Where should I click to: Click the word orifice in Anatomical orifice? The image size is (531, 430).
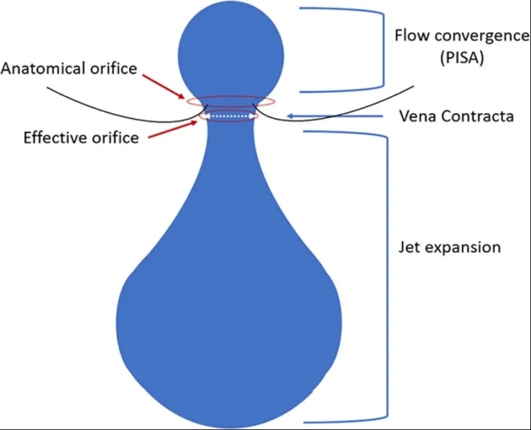point(114,68)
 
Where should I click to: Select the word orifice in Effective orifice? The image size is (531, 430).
point(115,138)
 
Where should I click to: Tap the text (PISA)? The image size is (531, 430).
point(462,57)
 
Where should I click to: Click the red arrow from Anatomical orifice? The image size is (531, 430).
point(163,87)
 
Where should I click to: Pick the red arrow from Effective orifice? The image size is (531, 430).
point(173,129)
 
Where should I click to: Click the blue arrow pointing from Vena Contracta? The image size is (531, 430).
point(335,116)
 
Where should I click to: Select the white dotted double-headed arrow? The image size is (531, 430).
point(229,116)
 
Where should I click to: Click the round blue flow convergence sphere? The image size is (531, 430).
point(231,55)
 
